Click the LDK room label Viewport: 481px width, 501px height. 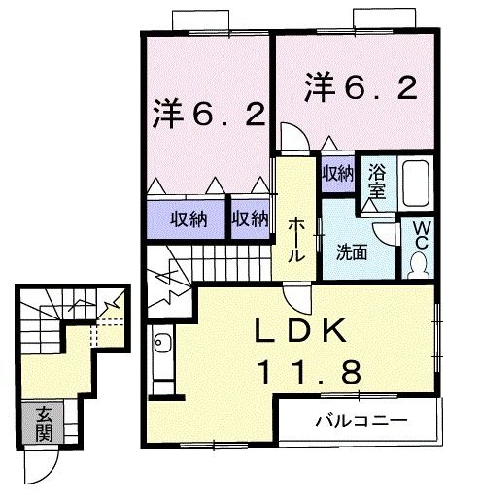(x=301, y=333)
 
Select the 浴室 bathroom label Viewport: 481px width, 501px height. (x=377, y=182)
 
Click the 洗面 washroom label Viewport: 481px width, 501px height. (x=351, y=253)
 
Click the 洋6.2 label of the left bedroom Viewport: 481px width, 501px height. (x=208, y=116)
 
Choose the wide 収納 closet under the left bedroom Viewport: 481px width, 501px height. (x=185, y=218)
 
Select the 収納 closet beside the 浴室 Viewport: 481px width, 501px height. (x=337, y=174)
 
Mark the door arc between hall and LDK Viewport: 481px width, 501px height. (x=297, y=296)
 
